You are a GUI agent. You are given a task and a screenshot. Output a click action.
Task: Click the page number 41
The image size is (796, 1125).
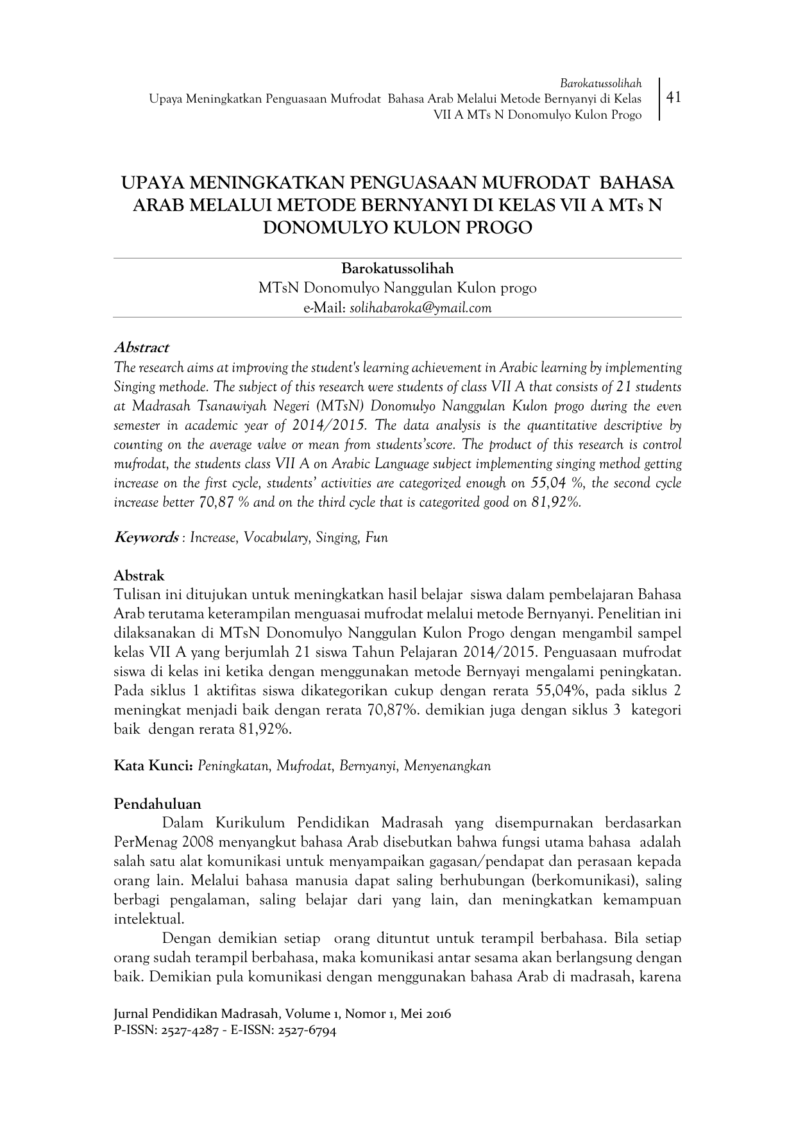[673, 97]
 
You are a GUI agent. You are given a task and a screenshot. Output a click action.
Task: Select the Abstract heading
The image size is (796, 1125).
[140, 348]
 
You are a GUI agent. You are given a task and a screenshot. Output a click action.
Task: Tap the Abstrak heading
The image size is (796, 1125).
[139, 575]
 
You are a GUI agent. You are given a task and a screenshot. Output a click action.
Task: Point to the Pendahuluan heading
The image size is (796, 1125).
[157, 804]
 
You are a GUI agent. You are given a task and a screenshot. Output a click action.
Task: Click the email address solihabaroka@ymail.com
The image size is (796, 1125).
[421, 308]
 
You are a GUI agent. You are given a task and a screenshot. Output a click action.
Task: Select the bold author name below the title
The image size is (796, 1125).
[397, 268]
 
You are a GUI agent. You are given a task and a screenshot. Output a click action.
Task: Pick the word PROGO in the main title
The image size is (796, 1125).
[499, 227]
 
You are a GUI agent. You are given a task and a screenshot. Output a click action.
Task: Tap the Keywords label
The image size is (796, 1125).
[146, 537]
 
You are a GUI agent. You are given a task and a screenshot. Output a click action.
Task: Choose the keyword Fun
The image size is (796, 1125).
[377, 538]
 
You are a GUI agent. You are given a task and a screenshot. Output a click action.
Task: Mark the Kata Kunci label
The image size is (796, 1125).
[153, 765]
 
